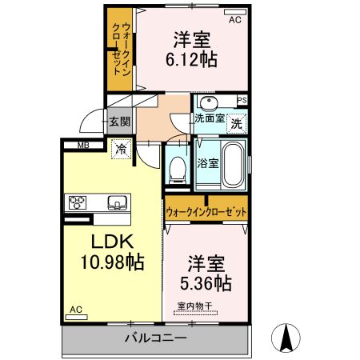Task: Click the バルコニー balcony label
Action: pyautogui.click(x=155, y=338)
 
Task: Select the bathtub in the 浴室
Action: pyautogui.click(x=232, y=164)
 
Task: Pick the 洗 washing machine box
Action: pyautogui.click(x=235, y=123)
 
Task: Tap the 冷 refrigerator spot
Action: pyautogui.click(x=120, y=148)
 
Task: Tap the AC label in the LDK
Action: pyautogui.click(x=75, y=309)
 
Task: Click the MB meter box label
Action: pyautogui.click(x=83, y=145)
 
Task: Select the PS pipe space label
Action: pyautogui.click(x=242, y=100)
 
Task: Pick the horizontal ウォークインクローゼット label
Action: pyautogui.click(x=206, y=212)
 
